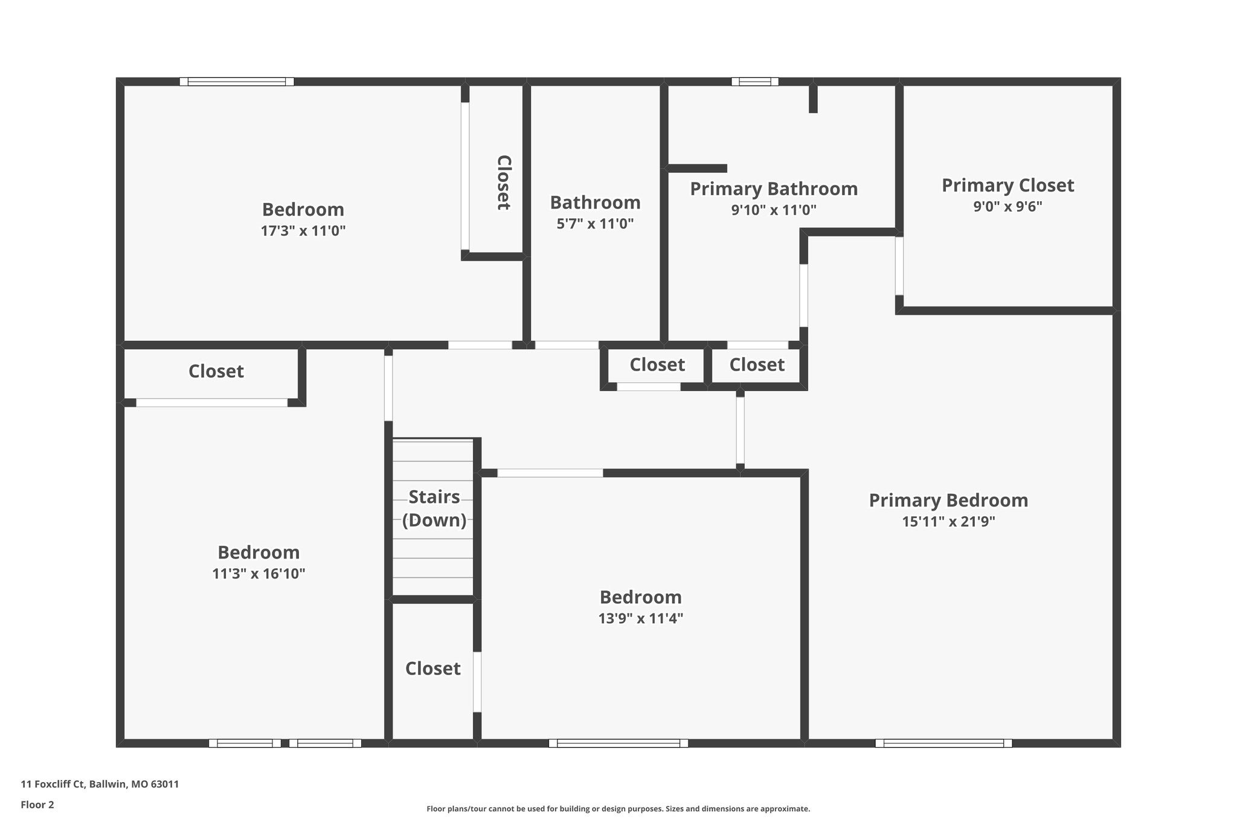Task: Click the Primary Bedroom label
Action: tap(948, 500)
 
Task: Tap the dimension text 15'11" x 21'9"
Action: tap(948, 522)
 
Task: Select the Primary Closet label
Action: tap(1007, 185)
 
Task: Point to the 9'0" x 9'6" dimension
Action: tap(1007, 207)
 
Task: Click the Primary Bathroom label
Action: tap(773, 189)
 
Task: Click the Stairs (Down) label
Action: tap(434, 508)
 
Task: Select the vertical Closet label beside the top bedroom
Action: tap(504, 182)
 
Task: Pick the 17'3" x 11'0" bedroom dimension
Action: tap(303, 231)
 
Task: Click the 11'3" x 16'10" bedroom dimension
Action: tap(259, 574)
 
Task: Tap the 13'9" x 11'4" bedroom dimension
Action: tap(640, 618)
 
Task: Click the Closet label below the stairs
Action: tap(432, 668)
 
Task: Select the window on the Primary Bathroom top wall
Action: tap(754, 82)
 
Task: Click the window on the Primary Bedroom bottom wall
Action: tap(943, 743)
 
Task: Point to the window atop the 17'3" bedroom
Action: tap(236, 82)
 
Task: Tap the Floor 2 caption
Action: tap(37, 804)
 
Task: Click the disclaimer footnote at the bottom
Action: tap(618, 809)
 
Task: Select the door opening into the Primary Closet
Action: tap(899, 265)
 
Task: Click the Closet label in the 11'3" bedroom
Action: tap(216, 371)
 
